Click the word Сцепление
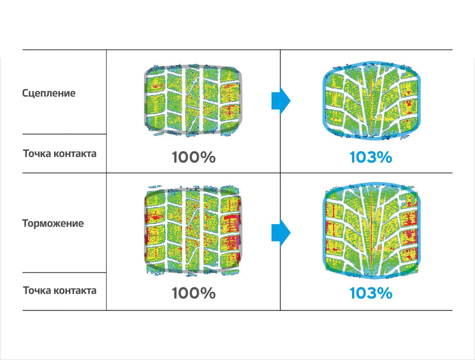[x=49, y=93]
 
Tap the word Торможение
[x=53, y=223]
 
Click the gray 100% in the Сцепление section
[x=193, y=157]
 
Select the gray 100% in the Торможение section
[x=193, y=293]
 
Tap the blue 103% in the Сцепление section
[x=371, y=157]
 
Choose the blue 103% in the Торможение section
[x=371, y=293]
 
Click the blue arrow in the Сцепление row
[x=281, y=101]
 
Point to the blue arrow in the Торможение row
[x=281, y=233]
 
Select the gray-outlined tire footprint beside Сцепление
[x=193, y=101]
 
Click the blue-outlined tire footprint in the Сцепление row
[x=371, y=101]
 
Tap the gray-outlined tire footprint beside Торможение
[x=193, y=230]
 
